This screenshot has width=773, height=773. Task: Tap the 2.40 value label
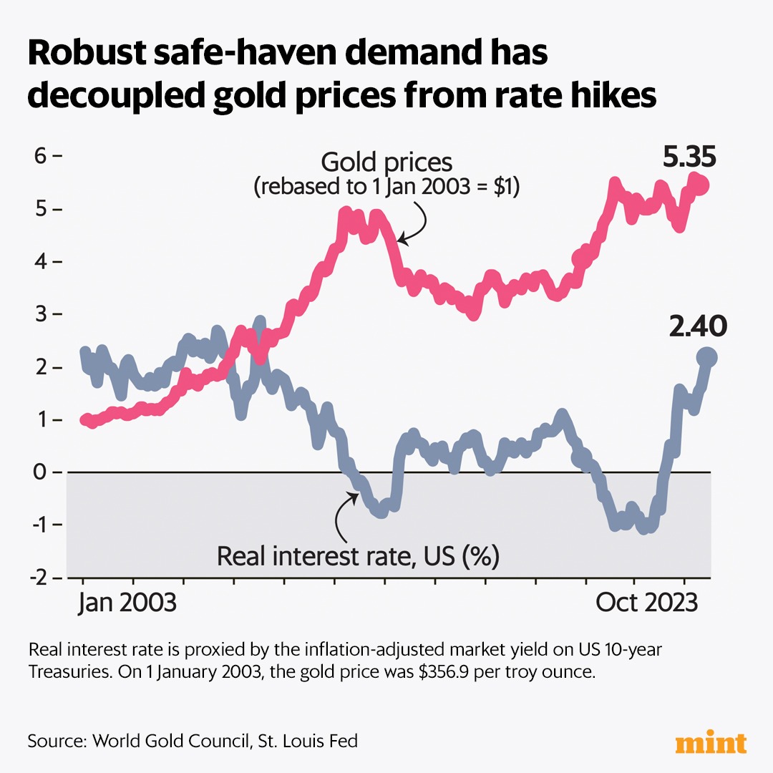(x=698, y=327)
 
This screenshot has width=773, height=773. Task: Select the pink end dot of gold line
(x=701, y=185)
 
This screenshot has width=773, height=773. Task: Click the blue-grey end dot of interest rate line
(x=707, y=357)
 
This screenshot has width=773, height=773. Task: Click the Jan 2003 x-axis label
(x=126, y=603)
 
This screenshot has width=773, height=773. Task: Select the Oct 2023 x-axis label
(x=647, y=603)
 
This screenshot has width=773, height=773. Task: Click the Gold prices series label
(x=386, y=162)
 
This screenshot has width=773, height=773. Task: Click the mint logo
(x=711, y=742)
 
